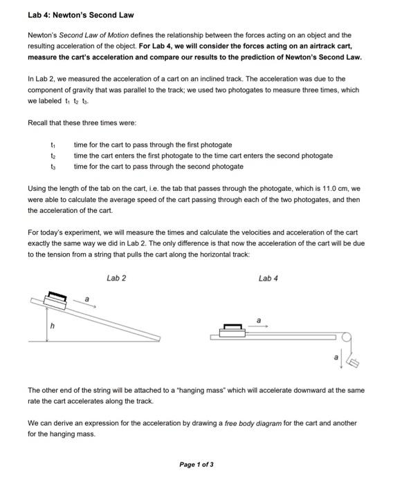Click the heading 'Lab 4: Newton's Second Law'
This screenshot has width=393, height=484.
pyautogui.click(x=80, y=15)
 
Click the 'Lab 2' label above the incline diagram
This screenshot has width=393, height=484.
pyautogui.click(x=116, y=278)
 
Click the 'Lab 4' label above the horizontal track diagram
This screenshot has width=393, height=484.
pyautogui.click(x=268, y=278)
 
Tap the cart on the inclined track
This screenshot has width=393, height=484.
pyautogui.click(x=55, y=299)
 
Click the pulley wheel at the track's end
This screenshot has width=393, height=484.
pyautogui.click(x=348, y=337)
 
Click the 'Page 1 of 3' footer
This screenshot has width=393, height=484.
pyautogui.click(x=196, y=464)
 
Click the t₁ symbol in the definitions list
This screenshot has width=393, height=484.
pyautogui.click(x=53, y=145)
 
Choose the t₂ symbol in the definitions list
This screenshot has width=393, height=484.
pyautogui.click(x=53, y=156)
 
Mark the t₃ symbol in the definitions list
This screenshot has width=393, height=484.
pyautogui.click(x=53, y=167)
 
